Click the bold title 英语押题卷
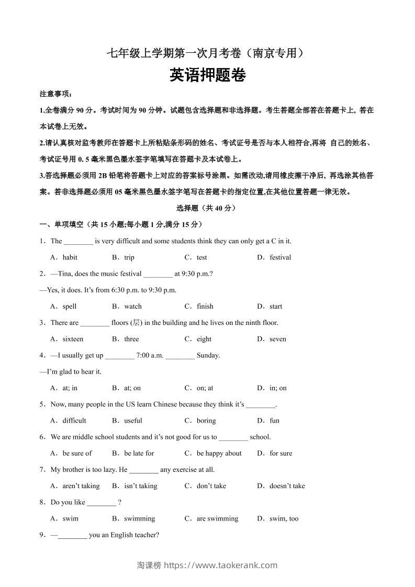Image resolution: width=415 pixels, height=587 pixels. [x=208, y=76]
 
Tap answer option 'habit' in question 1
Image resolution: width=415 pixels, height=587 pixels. [x=70, y=257]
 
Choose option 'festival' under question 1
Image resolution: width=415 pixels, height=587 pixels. [x=280, y=257]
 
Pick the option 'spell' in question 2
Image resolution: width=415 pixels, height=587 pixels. [x=69, y=307]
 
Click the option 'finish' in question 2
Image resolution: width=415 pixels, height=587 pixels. [x=205, y=307]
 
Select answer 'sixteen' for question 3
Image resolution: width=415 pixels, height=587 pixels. [x=73, y=339]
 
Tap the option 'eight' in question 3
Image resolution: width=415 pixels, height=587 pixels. [x=204, y=339]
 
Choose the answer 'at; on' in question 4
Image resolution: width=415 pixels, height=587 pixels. [x=132, y=388]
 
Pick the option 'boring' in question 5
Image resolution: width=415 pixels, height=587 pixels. [x=206, y=421]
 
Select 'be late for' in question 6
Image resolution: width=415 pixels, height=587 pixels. [x=139, y=454]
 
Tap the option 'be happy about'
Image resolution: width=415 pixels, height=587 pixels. [x=219, y=454]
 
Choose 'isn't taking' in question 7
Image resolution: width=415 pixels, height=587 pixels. [x=141, y=486]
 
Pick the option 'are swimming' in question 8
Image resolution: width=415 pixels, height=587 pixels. [x=217, y=519]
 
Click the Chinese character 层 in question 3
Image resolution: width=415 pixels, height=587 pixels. [x=137, y=323]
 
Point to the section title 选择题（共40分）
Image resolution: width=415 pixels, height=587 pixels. [x=207, y=208]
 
